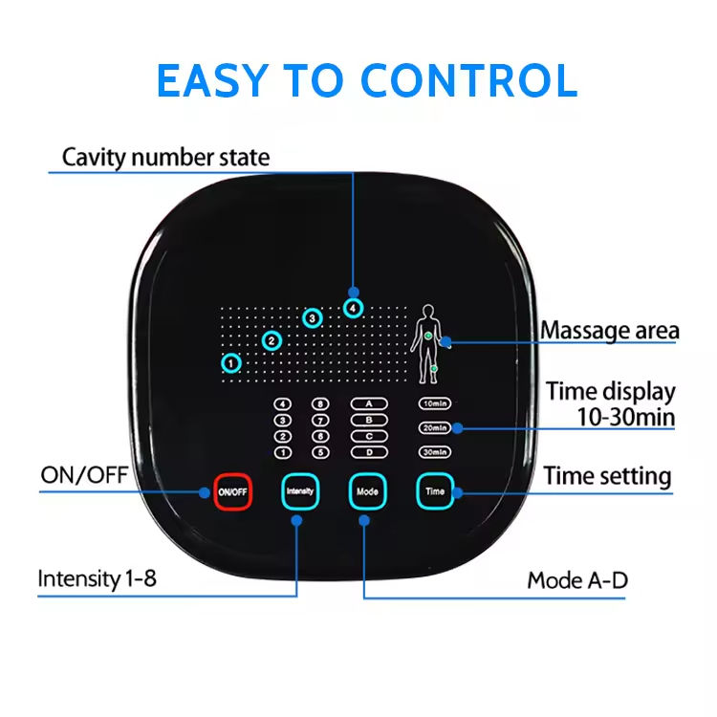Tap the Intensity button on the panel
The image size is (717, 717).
pyautogui.click(x=298, y=491)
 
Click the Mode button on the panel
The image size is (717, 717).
pyautogui.click(x=367, y=491)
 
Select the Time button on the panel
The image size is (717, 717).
pyautogui.click(x=435, y=491)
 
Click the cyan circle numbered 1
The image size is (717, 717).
pyautogui.click(x=231, y=363)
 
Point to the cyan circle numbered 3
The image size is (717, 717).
pyautogui.click(x=312, y=318)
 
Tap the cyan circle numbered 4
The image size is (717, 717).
pyautogui.click(x=354, y=308)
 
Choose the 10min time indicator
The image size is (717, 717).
pyautogui.click(x=435, y=404)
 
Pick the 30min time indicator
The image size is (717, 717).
pyautogui.click(x=435, y=452)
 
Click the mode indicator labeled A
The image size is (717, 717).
pyautogui.click(x=368, y=403)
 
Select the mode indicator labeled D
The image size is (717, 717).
pyautogui.click(x=368, y=451)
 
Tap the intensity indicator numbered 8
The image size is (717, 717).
pyautogui.click(x=321, y=403)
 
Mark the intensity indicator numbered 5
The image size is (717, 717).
pyautogui.click(x=321, y=452)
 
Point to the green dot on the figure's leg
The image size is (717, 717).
pyautogui.click(x=434, y=367)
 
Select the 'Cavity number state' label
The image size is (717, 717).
pyautogui.click(x=165, y=157)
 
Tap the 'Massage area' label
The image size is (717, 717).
pyautogui.click(x=610, y=332)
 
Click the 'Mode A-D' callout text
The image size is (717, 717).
pyautogui.click(x=577, y=580)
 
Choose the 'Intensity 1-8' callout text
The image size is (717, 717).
pyautogui.click(x=97, y=578)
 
